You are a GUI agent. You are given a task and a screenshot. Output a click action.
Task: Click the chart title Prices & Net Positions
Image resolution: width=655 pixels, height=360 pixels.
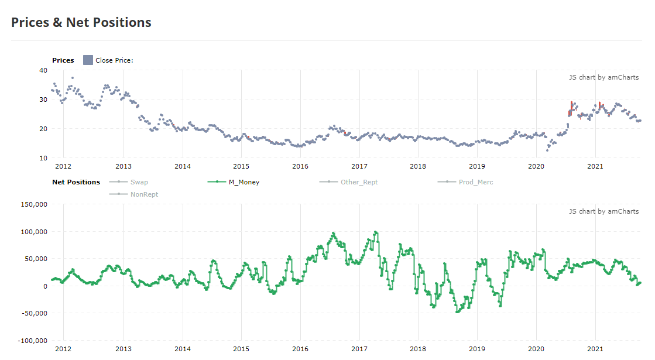81,23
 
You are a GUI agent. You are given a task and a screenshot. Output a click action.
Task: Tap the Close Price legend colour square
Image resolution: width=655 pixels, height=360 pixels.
88,60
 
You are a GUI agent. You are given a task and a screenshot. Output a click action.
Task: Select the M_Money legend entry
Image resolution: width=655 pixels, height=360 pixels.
234,182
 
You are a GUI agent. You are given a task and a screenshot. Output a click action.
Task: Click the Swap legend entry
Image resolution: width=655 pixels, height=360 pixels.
129,182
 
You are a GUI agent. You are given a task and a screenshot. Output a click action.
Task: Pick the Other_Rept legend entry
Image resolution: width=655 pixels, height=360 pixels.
348,182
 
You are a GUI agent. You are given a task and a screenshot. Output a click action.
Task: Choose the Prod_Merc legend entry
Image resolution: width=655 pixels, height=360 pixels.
465,182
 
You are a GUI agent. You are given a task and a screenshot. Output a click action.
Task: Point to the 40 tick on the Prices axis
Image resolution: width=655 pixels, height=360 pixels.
43,70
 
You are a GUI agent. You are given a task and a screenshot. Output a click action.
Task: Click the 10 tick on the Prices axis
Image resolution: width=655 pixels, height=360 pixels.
43,158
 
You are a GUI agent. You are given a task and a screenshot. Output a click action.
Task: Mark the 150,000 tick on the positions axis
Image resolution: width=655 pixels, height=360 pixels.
35,204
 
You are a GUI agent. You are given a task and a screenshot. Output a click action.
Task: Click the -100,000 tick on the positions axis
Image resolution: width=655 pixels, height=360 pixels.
33,341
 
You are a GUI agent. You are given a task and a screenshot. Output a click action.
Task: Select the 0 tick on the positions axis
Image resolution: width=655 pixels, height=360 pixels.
46,286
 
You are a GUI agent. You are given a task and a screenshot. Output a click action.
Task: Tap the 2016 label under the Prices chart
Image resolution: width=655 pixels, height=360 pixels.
300,166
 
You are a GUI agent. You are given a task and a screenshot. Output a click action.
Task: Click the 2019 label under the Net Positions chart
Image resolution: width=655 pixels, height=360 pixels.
477,349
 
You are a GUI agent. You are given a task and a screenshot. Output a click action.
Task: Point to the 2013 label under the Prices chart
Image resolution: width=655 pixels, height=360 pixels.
124,166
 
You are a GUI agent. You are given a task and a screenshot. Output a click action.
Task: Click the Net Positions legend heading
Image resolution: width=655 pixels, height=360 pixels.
76,182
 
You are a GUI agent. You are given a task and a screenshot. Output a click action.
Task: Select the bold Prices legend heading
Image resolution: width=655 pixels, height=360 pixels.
63,60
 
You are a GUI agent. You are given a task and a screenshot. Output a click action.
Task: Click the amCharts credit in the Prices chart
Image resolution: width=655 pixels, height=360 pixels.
603,77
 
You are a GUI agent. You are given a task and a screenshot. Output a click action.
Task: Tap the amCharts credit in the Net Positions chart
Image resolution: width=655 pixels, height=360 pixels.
603,211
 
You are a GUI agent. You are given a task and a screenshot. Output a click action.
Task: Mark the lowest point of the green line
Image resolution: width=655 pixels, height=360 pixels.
457,312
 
